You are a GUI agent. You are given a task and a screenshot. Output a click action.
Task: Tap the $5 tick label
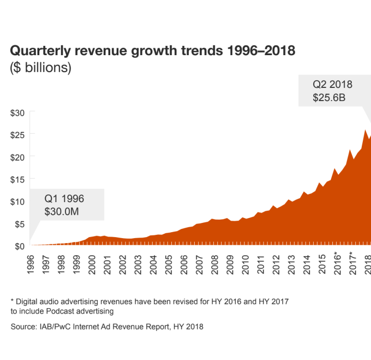[x=20, y=224]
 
